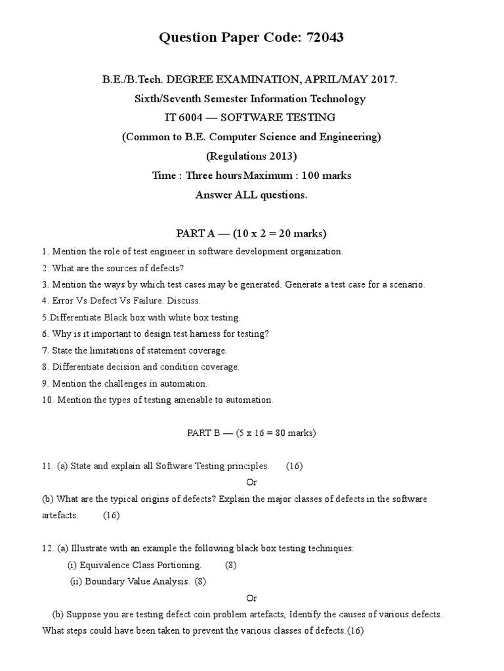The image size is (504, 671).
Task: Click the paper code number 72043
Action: coord(322,39)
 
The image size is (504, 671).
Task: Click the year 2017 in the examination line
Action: coord(383,80)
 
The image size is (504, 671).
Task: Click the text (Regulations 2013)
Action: coord(251,156)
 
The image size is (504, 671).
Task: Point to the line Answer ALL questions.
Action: coord(251,195)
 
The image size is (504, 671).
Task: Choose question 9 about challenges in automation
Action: coord(125,383)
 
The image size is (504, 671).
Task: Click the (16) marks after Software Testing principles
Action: coord(294,466)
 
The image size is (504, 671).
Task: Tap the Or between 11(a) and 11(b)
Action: coord(251,482)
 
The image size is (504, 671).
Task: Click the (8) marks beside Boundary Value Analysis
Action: coord(200,581)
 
